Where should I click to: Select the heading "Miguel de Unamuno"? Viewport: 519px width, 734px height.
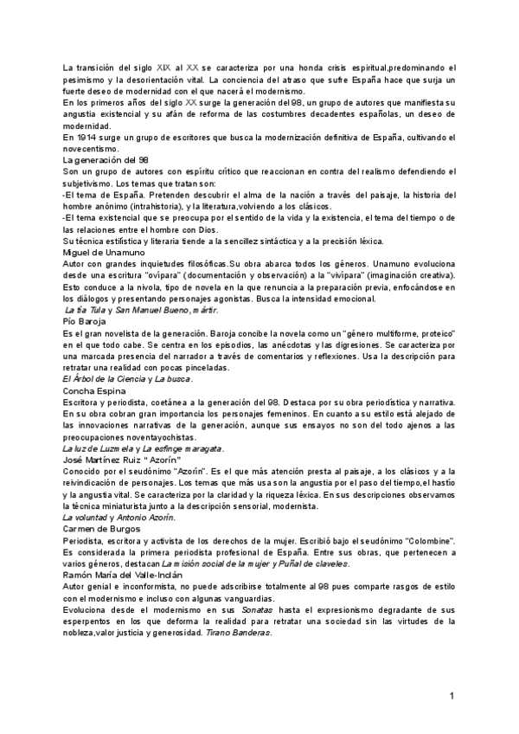(x=105, y=252)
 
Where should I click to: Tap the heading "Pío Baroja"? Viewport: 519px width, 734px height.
(x=85, y=320)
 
